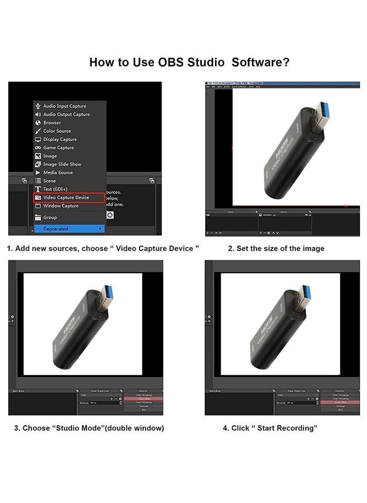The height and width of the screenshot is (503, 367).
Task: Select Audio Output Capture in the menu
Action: pyautogui.click(x=66, y=114)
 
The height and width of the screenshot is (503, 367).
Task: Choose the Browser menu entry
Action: pyautogui.click(x=52, y=123)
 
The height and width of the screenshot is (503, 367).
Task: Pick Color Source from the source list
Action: pyautogui.click(x=57, y=131)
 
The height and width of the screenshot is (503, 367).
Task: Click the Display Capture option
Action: pyautogui.click(x=60, y=139)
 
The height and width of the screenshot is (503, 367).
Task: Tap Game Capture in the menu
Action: pyautogui.click(x=58, y=147)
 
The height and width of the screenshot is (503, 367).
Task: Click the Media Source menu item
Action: pyautogui.click(x=58, y=172)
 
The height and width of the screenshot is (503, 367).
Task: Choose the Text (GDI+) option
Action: pyautogui.click(x=55, y=189)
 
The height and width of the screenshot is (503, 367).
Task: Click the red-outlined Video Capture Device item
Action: pyautogui.click(x=66, y=197)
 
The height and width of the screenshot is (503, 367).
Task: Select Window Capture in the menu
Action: pyautogui.click(x=61, y=206)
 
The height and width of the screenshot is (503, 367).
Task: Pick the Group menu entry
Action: pyautogui.click(x=50, y=217)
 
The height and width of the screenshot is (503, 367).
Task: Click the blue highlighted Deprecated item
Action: pyautogui.click(x=69, y=229)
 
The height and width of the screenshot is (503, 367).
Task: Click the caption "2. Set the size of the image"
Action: pyautogui.click(x=276, y=249)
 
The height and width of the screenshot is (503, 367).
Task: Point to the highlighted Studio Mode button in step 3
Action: pyautogui.click(x=144, y=399)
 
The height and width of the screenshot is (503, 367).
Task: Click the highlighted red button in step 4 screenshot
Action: pyautogui.click(x=340, y=402)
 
